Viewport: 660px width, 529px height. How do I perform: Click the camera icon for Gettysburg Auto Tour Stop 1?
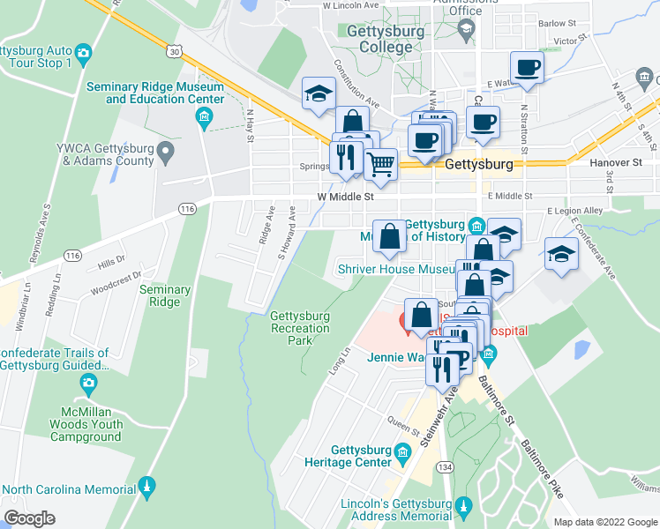(84, 53)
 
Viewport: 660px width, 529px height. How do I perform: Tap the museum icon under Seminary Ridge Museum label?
(205, 117)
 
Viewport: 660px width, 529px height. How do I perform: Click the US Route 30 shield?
(176, 52)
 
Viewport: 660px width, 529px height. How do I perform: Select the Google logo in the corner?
(30, 518)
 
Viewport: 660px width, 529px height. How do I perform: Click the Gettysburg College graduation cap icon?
(464, 31)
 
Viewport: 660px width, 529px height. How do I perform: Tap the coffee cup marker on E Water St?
(527, 68)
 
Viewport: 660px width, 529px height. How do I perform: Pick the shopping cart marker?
(380, 164)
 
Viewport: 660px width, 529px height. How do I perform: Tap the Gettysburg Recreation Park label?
(300, 328)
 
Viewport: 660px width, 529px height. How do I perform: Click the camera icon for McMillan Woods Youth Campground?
(87, 382)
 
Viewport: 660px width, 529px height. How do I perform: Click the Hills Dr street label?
(112, 262)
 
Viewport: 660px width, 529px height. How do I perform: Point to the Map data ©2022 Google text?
(604, 522)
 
